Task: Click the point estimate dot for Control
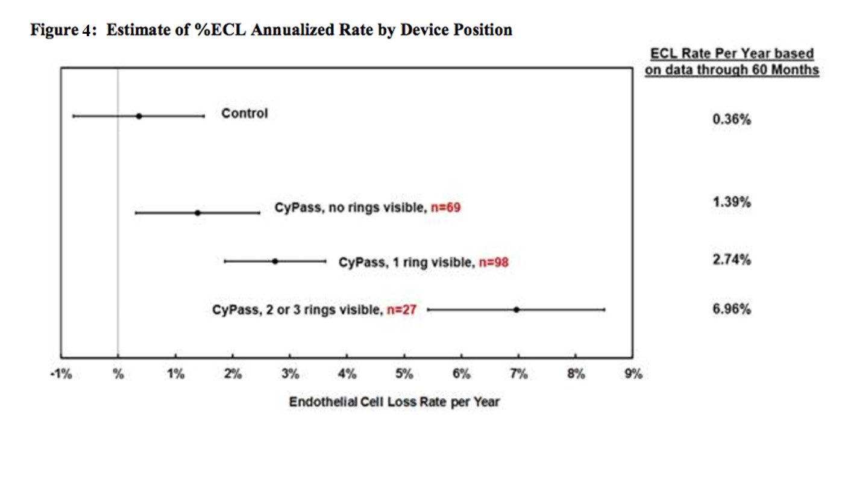pos(139,116)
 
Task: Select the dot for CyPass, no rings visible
pos(197,213)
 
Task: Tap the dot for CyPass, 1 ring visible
pos(275,261)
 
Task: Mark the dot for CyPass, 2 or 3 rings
pos(516,309)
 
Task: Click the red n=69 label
pos(447,208)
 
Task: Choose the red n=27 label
pos(401,311)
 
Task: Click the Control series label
pos(244,113)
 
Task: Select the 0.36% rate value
pos(731,119)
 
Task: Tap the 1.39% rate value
pos(731,202)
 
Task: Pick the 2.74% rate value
pos(731,260)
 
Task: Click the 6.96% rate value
pos(731,310)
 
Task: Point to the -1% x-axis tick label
pos(60,374)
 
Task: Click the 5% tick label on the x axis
pos(404,374)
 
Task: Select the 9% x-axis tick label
pos(633,374)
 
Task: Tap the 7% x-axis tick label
pos(519,374)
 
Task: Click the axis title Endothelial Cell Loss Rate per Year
pos(394,401)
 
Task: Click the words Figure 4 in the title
pos(63,30)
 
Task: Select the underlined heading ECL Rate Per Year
pos(731,54)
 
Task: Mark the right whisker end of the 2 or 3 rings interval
pos(604,309)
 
